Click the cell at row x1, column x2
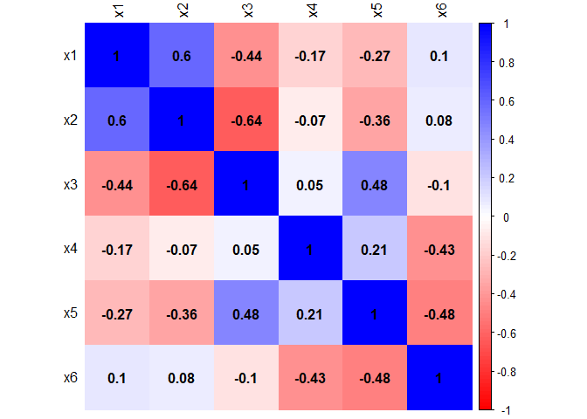[x=182, y=56]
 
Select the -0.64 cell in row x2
[x=246, y=120]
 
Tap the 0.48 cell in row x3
[x=376, y=185]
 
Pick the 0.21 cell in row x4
[x=376, y=249]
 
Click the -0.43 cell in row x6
[x=312, y=378]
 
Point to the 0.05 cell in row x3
[x=312, y=185]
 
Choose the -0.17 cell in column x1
[x=117, y=249]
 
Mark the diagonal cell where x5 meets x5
[x=376, y=313]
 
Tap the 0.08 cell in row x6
[x=182, y=378]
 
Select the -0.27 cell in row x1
[x=376, y=56]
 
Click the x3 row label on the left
[x=70, y=185]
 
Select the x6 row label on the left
[x=70, y=378]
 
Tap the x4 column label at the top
[x=312, y=11]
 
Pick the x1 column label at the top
[x=117, y=11]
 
